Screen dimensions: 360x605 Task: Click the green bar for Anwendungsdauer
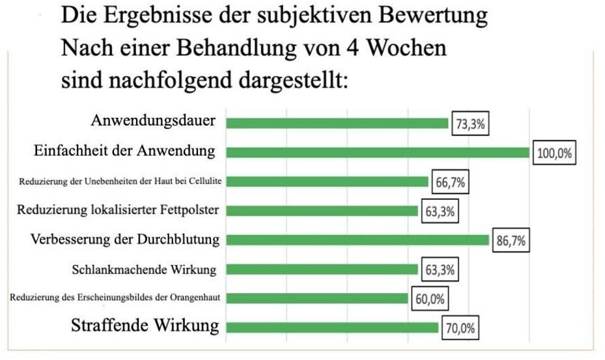[x=337, y=122]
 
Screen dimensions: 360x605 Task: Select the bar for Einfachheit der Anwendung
[x=378, y=152]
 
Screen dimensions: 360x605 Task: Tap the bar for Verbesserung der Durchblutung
[x=358, y=240]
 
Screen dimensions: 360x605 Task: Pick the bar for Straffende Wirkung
[x=332, y=327]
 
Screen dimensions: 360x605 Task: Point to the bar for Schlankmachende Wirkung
[x=322, y=269]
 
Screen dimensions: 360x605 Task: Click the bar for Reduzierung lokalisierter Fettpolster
[x=322, y=210]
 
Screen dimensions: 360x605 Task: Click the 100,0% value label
[x=554, y=154]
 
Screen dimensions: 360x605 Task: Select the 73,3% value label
[x=470, y=124]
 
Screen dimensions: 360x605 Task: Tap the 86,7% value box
[x=511, y=242]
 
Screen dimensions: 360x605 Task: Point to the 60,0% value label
[x=430, y=299]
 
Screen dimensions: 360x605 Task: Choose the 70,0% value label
[x=460, y=329]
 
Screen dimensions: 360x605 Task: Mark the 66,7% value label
[x=450, y=183]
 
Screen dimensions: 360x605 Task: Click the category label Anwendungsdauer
[x=153, y=121]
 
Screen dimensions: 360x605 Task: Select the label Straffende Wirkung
[x=145, y=325]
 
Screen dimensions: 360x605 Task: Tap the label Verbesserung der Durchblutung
[x=125, y=240]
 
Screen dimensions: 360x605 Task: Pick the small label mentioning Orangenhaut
[x=114, y=298]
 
